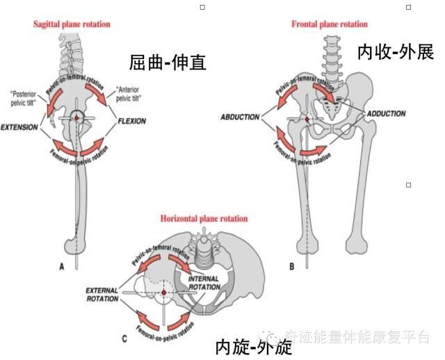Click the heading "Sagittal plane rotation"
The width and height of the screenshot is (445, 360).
click(72, 24)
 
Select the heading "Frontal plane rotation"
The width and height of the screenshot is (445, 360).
click(329, 24)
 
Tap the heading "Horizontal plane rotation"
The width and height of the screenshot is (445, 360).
click(204, 219)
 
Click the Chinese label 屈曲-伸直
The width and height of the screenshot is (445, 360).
click(168, 63)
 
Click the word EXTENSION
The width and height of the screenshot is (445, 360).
click(19, 128)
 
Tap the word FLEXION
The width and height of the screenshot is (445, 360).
click(131, 121)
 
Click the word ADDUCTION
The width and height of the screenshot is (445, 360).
click(386, 113)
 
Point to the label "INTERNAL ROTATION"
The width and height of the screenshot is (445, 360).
click(204, 283)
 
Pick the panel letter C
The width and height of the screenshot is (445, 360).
click(124, 338)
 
